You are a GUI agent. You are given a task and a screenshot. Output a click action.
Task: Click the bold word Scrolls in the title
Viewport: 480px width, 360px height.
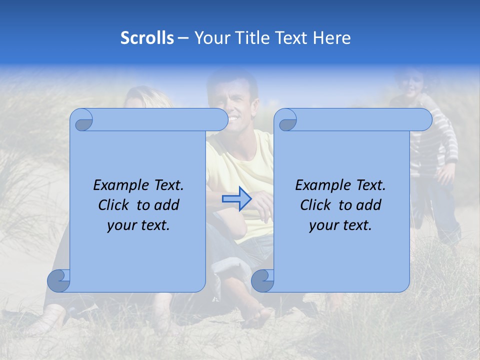click(147, 38)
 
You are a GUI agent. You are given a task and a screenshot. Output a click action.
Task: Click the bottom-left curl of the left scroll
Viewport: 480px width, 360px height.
click(59, 281)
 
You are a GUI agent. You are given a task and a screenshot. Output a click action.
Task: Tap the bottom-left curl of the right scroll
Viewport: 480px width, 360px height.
click(262, 281)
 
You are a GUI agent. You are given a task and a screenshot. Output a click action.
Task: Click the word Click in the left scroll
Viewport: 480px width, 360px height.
click(114, 205)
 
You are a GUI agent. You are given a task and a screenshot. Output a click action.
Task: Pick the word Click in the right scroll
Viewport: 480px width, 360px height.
click(316, 205)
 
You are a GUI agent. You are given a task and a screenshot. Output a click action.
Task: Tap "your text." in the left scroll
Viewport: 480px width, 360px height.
click(138, 225)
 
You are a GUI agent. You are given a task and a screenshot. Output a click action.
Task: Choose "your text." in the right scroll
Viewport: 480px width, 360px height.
click(340, 225)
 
